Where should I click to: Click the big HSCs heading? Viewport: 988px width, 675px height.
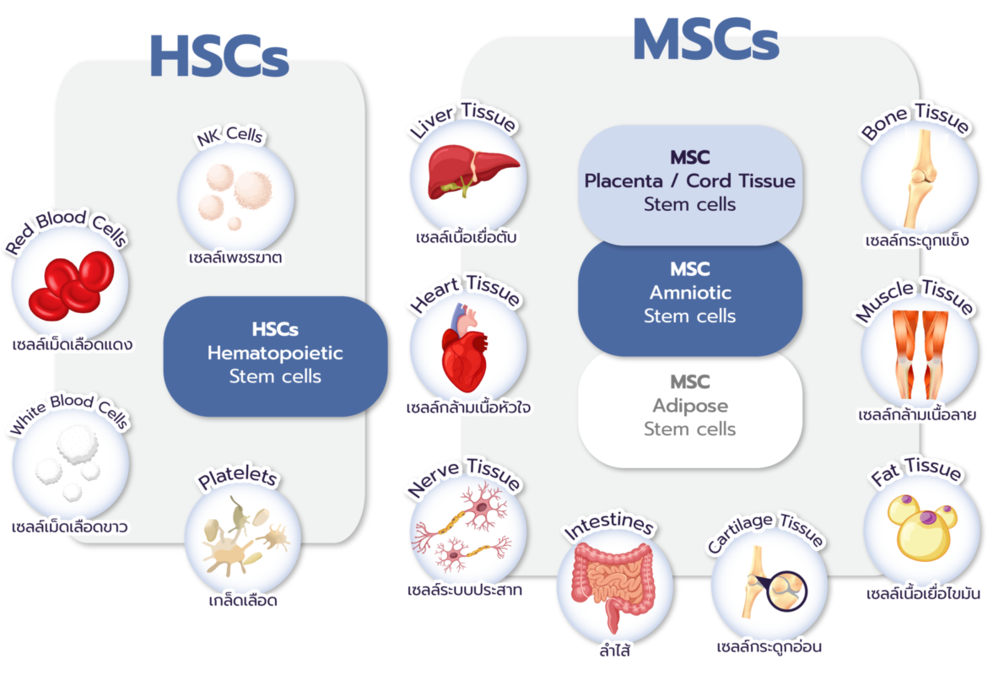(219, 57)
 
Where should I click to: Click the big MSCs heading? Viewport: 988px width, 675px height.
(705, 40)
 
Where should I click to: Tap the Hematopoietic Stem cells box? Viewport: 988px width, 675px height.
(275, 352)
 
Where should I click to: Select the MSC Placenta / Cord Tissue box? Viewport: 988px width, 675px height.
(689, 181)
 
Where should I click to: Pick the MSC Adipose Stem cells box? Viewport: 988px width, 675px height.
(689, 406)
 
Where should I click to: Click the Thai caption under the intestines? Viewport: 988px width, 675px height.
(614, 651)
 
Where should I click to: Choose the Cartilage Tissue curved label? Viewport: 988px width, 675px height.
(765, 533)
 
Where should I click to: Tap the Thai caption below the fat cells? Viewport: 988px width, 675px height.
(923, 594)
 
